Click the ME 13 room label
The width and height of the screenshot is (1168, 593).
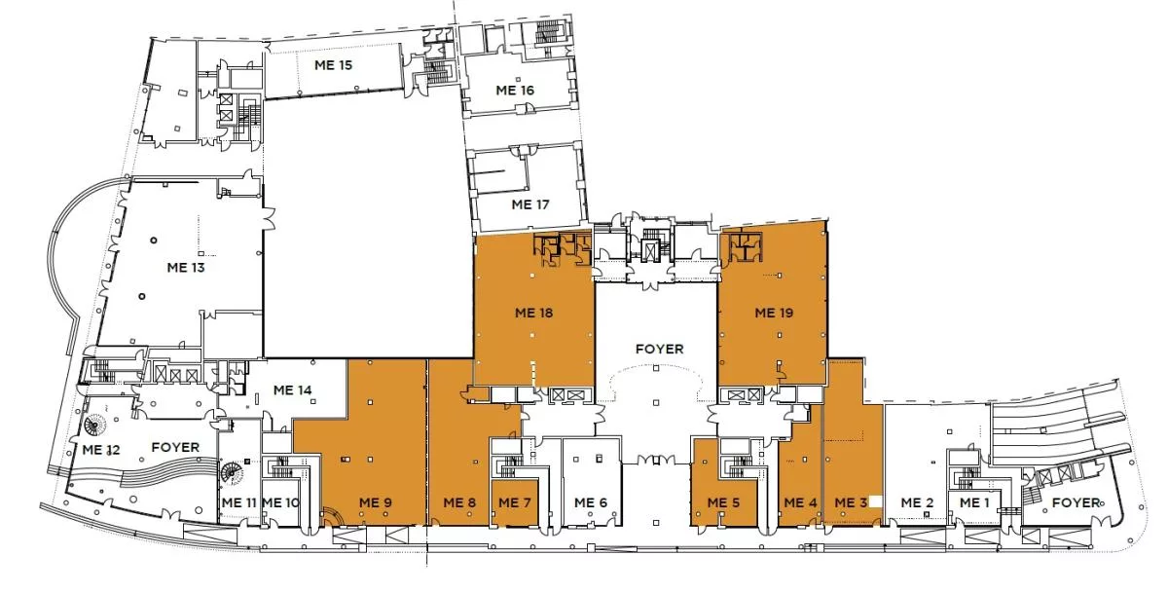click(x=186, y=268)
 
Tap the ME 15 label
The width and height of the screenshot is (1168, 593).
click(x=333, y=65)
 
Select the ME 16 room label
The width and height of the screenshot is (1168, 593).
click(x=515, y=91)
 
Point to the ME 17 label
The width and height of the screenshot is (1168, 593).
click(x=530, y=204)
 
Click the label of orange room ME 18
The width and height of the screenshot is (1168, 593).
click(x=534, y=313)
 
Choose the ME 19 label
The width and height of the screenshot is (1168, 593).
click(x=775, y=313)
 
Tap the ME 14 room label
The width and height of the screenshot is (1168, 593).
click(x=293, y=390)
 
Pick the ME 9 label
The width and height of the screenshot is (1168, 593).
click(x=376, y=502)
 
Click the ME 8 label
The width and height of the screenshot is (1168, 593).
click(x=459, y=502)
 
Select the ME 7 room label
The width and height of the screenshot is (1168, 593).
click(x=515, y=502)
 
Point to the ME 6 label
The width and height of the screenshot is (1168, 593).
click(x=591, y=502)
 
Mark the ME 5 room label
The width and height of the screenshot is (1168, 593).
click(x=724, y=502)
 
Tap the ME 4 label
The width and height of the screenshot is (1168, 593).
click(x=801, y=502)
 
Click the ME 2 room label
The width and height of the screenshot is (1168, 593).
click(x=918, y=502)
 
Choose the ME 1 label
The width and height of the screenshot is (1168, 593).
click(x=974, y=502)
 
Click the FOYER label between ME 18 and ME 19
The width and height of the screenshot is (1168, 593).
click(x=660, y=349)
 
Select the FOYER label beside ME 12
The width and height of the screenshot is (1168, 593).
click(x=176, y=448)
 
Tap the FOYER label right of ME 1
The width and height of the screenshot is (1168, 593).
click(x=1077, y=502)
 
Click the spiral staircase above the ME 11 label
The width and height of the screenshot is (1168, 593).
click(x=232, y=474)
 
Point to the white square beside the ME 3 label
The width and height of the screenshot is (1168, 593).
click(x=875, y=501)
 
